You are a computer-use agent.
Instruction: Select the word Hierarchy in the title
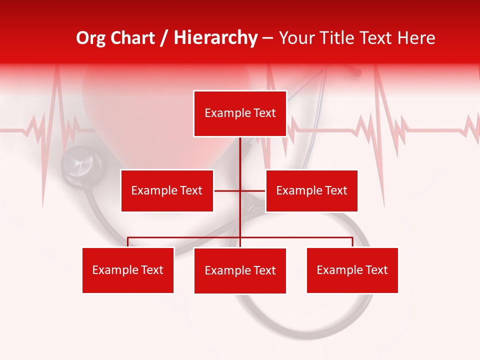(215, 38)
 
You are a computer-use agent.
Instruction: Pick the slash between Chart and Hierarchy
(164, 38)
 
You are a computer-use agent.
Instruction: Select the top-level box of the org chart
(240, 113)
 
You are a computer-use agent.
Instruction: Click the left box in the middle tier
(167, 190)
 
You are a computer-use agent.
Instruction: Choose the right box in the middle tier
(311, 190)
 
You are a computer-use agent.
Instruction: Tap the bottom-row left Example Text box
(128, 270)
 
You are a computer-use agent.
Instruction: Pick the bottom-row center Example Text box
(240, 270)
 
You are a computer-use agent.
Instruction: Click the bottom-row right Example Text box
(352, 270)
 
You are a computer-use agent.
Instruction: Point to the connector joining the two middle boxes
(227, 190)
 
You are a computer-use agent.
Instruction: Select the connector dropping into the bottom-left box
(128, 242)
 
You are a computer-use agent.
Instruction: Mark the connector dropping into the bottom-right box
(352, 242)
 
